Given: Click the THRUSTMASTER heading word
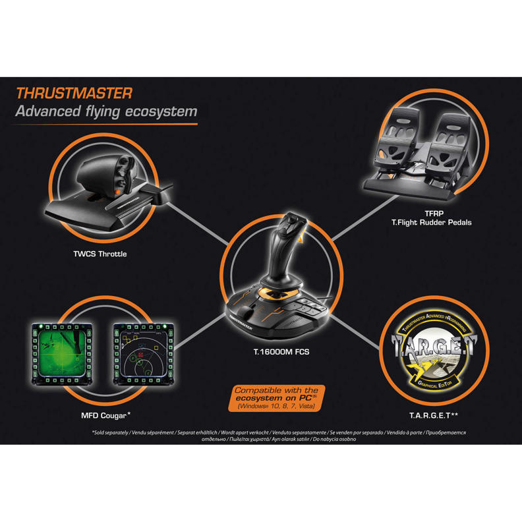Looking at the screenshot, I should pos(74,93).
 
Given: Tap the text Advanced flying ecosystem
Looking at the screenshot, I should pos(105,111).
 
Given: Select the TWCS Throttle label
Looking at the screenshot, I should pos(101,253).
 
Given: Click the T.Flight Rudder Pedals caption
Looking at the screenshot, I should pos(431,223).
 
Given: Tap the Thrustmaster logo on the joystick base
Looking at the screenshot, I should pos(245,323).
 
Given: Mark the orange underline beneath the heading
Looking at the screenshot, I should pos(105,123).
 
